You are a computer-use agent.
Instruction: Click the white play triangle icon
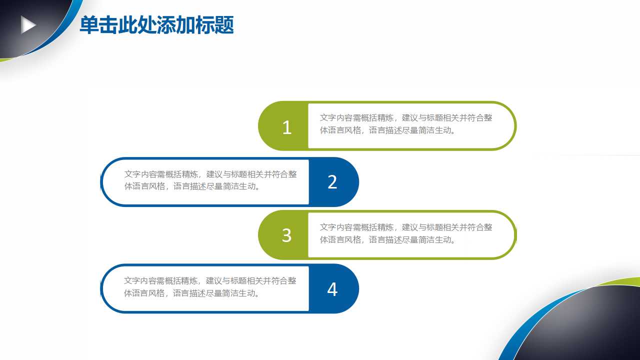coord(28,25)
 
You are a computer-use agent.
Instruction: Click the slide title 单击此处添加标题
coord(156,25)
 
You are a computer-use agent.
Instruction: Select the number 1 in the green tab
coord(286,127)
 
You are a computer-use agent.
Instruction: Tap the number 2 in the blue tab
coord(332,182)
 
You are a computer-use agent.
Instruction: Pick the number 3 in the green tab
coord(286,235)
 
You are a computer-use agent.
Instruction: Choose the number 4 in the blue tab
coord(332,289)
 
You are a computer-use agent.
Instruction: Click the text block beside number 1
coord(406,124)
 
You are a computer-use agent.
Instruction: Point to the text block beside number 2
coord(210,180)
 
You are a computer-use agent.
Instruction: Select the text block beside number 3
coord(406,233)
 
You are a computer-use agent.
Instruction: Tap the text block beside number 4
coord(210,287)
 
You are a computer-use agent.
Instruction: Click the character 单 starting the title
coord(89,25)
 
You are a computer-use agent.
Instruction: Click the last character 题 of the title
coord(224,25)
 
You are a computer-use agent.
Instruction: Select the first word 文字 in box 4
coord(132,281)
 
